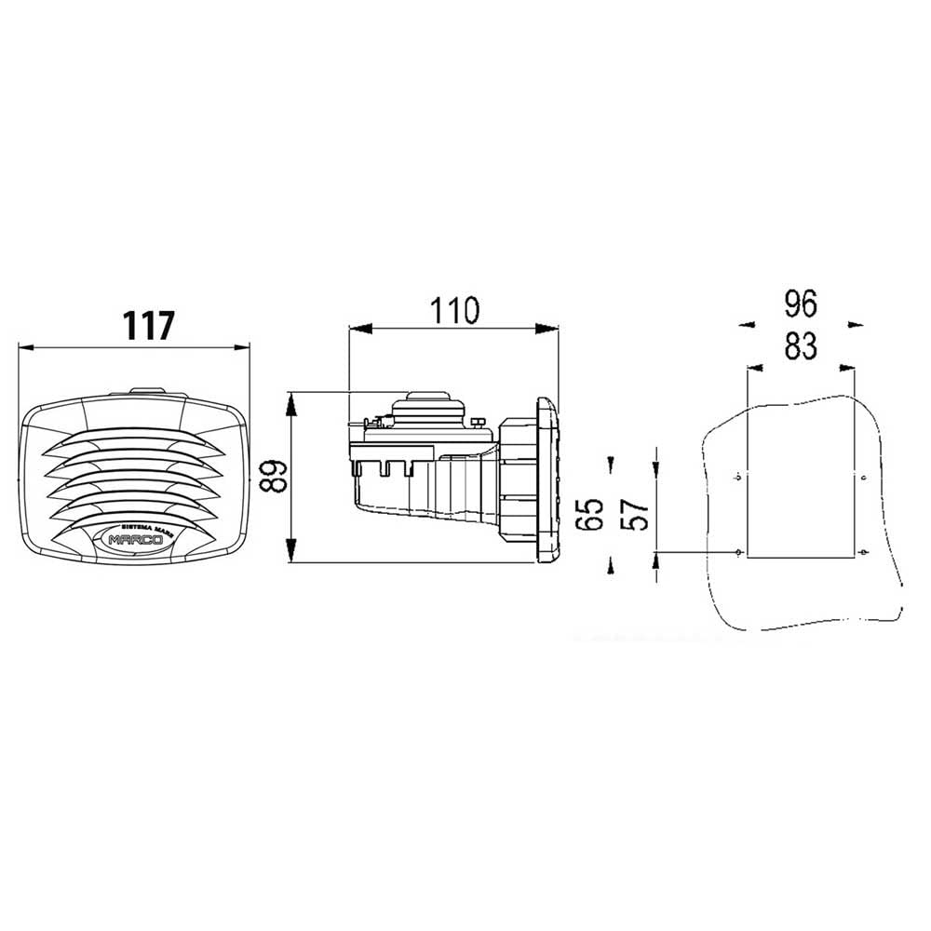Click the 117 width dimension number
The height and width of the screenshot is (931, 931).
tap(149, 326)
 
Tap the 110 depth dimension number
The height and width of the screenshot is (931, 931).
tap(453, 310)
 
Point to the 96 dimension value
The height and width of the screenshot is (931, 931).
tap(800, 304)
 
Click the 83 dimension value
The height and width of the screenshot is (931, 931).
tap(800, 345)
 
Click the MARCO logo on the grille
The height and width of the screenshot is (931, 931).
tap(135, 539)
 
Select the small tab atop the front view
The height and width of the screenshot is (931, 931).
tap(146, 393)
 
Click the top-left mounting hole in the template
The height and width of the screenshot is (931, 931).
tap(737, 479)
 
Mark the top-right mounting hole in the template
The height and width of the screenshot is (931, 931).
tap(865, 479)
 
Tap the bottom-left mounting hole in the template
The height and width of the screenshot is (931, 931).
tap(738, 553)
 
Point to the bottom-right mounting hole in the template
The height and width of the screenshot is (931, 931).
tap(865, 553)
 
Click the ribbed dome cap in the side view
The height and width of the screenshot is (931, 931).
tap(428, 407)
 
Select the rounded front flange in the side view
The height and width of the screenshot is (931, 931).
tap(547, 479)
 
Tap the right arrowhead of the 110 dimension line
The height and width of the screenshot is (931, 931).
tap(551, 328)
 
